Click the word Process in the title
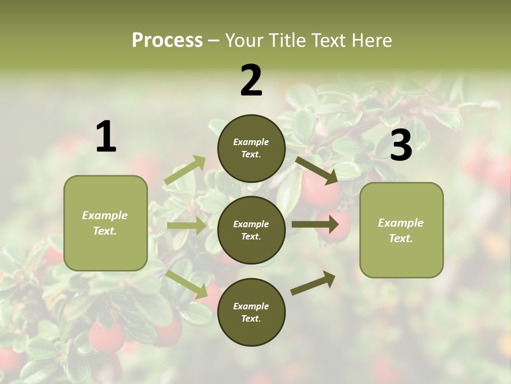pyautogui.click(x=167, y=41)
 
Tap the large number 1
pyautogui.click(x=106, y=137)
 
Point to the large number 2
pyautogui.click(x=251, y=81)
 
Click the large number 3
pyautogui.click(x=401, y=145)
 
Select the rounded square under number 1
pyautogui.click(x=105, y=223)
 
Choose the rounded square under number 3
pyautogui.click(x=401, y=230)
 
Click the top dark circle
pyautogui.click(x=251, y=148)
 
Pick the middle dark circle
pyautogui.click(x=251, y=230)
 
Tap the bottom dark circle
pyautogui.click(x=251, y=313)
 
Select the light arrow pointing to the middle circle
pyautogui.click(x=186, y=226)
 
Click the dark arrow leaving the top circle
pyautogui.click(x=317, y=170)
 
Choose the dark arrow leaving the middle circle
pyautogui.click(x=315, y=223)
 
